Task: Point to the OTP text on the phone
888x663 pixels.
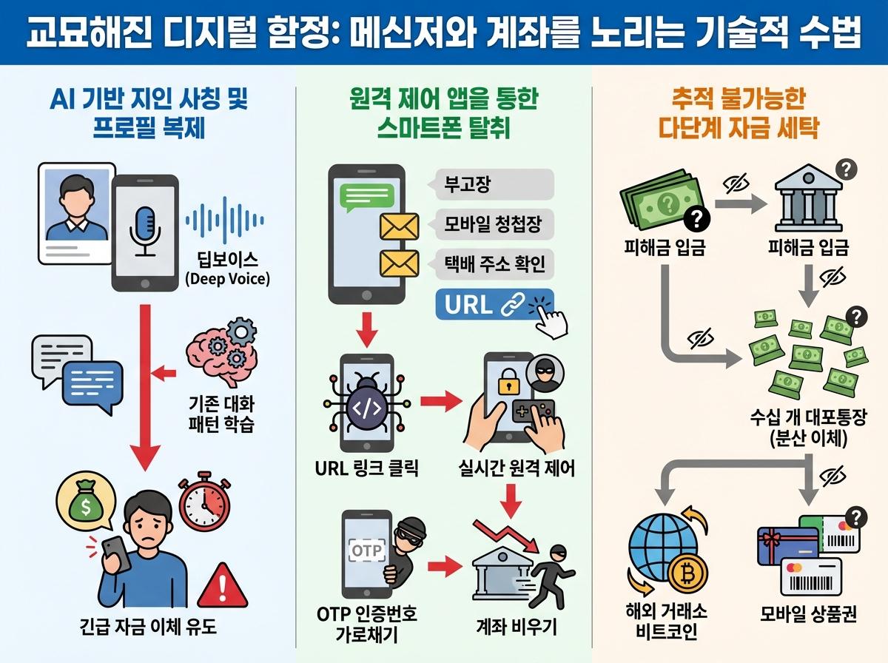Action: point(366,552)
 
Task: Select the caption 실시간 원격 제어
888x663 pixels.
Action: point(516,468)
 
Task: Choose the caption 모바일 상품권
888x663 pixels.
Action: point(808,615)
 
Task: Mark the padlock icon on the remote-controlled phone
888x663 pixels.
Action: point(507,383)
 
